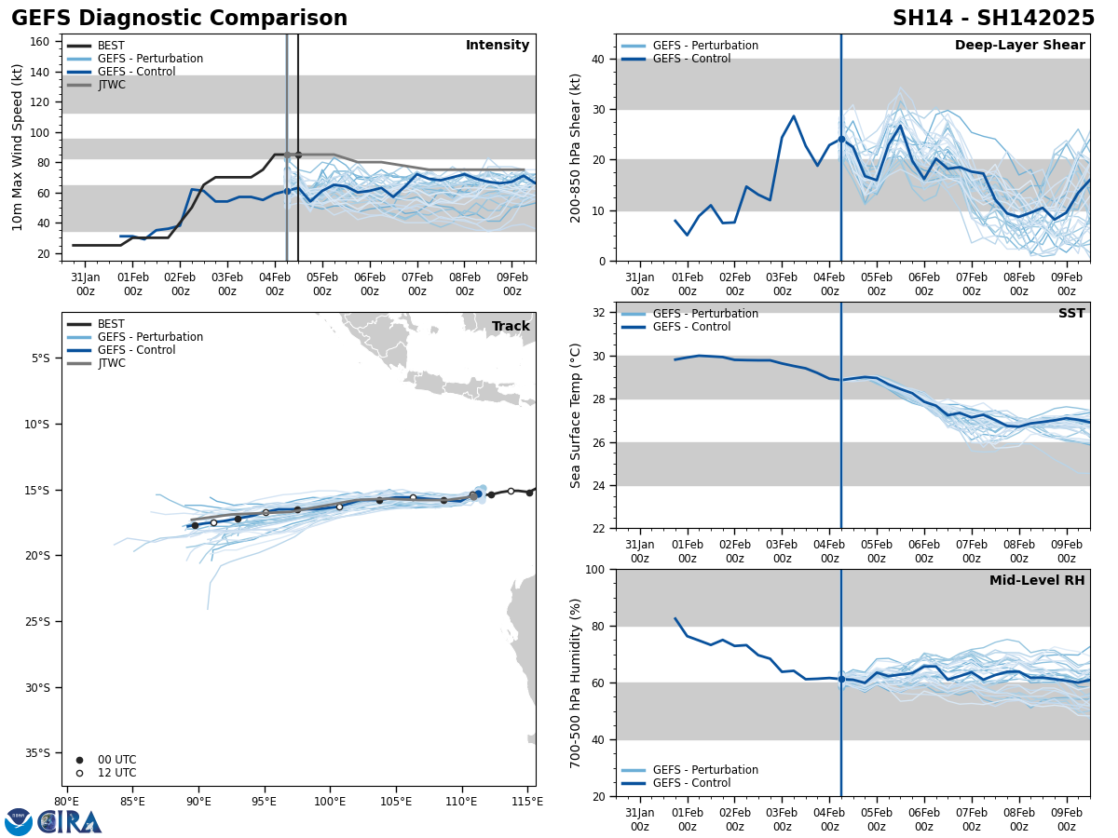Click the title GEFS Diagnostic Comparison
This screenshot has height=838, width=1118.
[179, 19]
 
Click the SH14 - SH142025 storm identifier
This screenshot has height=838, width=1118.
[993, 19]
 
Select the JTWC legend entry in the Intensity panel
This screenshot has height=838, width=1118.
[111, 85]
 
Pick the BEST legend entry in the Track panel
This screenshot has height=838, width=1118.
[111, 324]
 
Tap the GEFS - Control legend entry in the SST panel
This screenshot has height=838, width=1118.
[691, 327]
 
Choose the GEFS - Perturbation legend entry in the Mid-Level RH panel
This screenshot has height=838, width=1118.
[705, 770]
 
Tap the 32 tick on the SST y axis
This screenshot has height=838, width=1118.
[600, 313]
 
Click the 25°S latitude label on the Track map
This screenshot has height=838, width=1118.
[44, 622]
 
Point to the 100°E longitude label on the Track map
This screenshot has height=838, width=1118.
[330, 802]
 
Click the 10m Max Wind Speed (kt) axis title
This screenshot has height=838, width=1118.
[18, 147]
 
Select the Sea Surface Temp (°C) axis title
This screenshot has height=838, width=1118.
[576, 415]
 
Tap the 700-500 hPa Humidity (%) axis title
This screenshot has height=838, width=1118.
[576, 683]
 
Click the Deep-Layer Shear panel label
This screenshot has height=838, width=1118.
[1019, 46]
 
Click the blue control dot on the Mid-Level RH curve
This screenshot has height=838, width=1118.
[841, 679]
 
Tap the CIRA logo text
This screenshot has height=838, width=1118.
[69, 822]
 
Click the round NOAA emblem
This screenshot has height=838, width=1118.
[19, 822]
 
